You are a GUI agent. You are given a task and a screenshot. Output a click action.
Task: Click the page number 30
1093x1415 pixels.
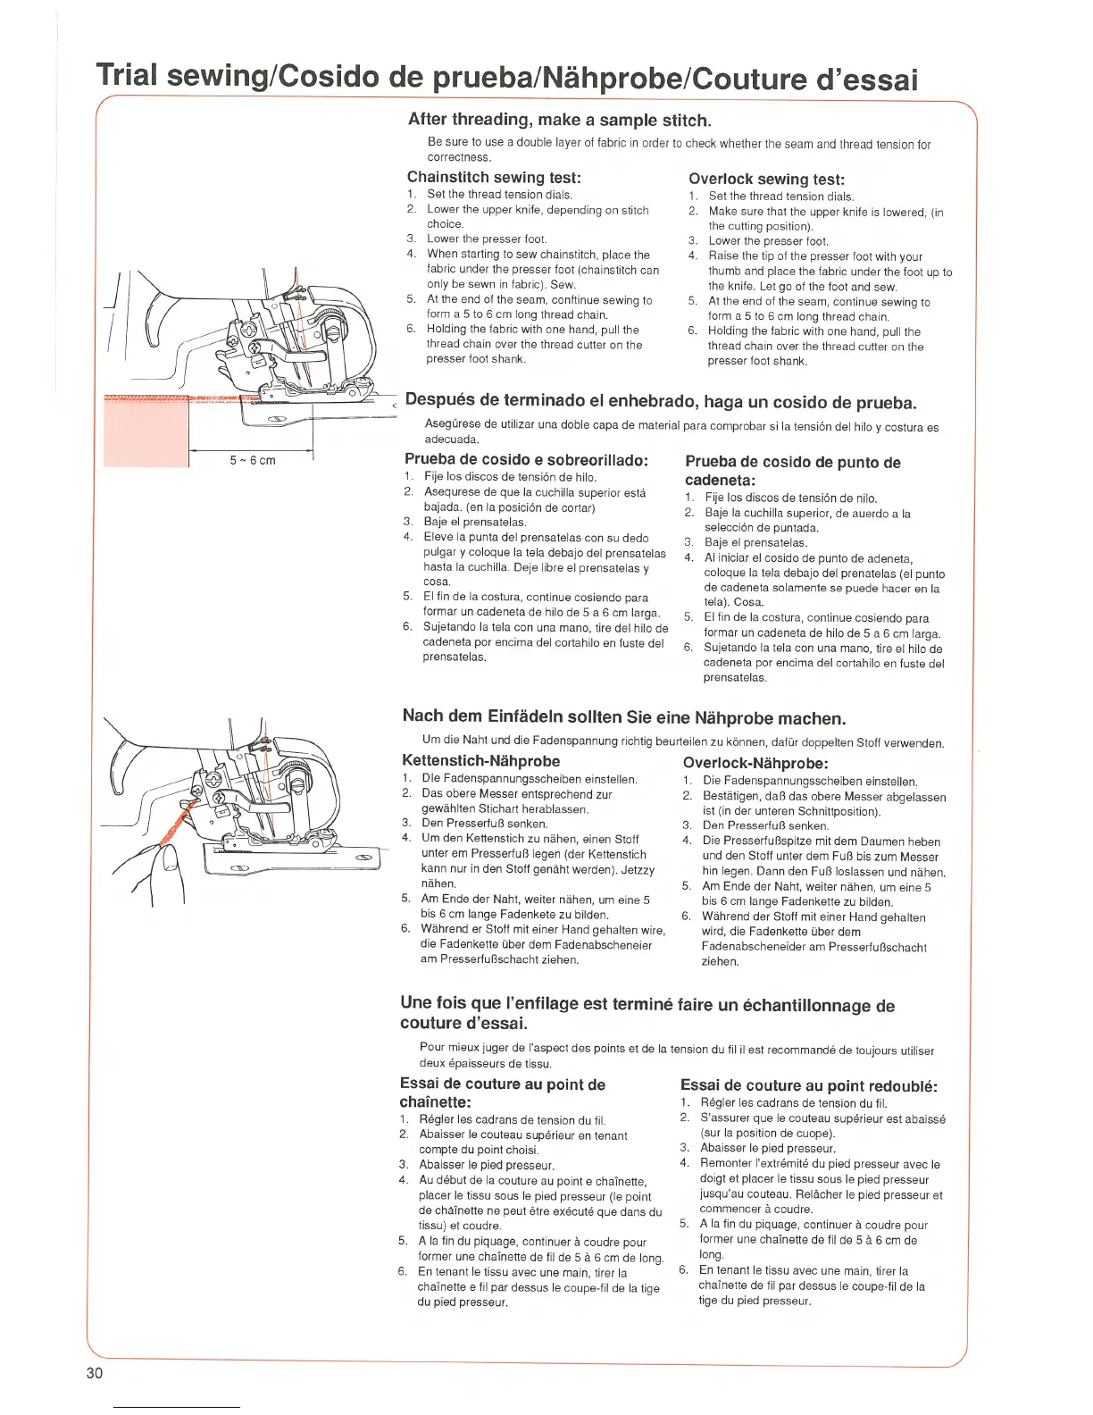[95, 1373]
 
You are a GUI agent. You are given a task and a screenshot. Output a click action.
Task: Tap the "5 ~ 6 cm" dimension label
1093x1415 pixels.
[253, 460]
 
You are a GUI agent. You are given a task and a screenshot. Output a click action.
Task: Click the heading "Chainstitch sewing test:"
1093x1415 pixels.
[494, 177]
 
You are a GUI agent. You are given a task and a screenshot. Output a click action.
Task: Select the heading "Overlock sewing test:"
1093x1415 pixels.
[766, 179]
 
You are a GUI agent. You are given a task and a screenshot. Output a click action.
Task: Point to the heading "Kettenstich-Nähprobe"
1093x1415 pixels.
[481, 761]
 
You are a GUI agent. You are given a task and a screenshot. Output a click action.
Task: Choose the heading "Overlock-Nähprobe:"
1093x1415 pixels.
[755, 763]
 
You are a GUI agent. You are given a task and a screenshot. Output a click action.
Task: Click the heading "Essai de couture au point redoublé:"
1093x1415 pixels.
[809, 1085]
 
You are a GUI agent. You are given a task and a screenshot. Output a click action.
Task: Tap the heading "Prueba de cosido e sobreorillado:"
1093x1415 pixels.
[526, 460]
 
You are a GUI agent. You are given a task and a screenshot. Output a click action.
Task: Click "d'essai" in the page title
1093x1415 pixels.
[865, 80]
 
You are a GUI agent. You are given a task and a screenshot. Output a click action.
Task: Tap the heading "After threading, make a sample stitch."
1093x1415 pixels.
[560, 120]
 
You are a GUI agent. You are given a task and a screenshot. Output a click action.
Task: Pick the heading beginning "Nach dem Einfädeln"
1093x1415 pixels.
[623, 717]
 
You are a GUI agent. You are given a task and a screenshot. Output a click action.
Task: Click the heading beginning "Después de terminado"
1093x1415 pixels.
[661, 401]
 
